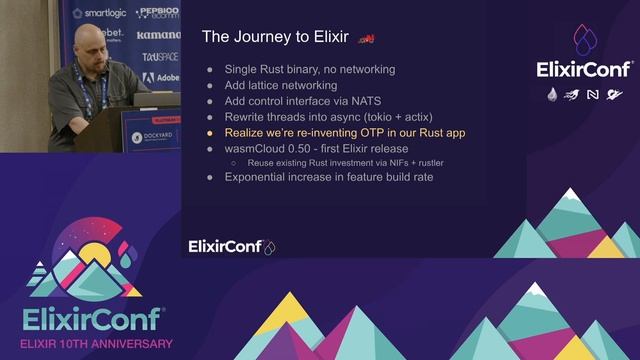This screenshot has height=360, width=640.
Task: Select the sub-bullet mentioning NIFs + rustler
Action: point(345,162)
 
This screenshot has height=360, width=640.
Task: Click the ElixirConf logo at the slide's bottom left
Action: point(231,246)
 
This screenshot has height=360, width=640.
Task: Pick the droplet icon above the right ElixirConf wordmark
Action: point(584,40)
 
